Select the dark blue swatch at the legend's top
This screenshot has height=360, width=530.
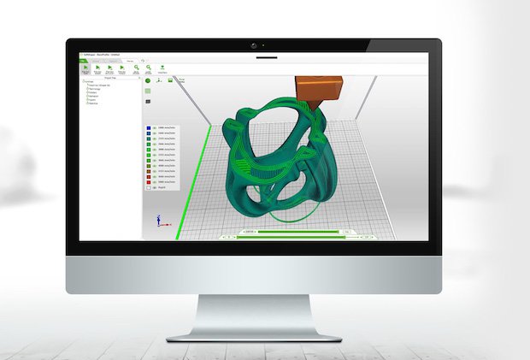(x=150, y=127)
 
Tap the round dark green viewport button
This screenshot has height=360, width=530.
(x=148, y=80)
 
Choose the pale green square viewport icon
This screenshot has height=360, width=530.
(x=172, y=80)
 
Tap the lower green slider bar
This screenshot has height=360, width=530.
(x=291, y=238)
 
